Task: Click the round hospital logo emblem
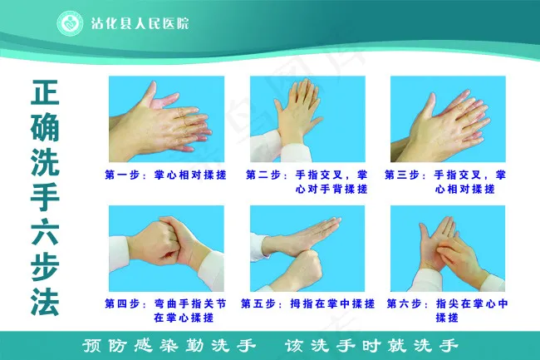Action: click(x=70, y=23)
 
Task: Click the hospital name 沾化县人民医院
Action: click(x=140, y=24)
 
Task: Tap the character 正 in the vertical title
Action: click(x=45, y=92)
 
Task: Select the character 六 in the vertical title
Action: click(x=45, y=232)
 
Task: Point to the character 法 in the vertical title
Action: click(x=45, y=303)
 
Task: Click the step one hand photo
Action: click(x=167, y=119)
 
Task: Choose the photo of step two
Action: click(x=307, y=119)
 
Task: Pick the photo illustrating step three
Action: click(x=448, y=119)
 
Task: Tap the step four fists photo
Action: click(x=167, y=249)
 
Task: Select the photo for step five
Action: click(x=307, y=249)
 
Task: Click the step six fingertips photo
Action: click(x=448, y=249)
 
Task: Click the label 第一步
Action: click(x=122, y=175)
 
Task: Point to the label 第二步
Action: click(x=263, y=175)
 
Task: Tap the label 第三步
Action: click(x=402, y=175)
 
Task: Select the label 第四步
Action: click(x=122, y=303)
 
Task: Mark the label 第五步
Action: click(x=258, y=303)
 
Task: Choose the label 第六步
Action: click(x=404, y=303)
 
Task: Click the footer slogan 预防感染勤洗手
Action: click(x=169, y=346)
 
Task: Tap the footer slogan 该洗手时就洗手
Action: click(x=371, y=346)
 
